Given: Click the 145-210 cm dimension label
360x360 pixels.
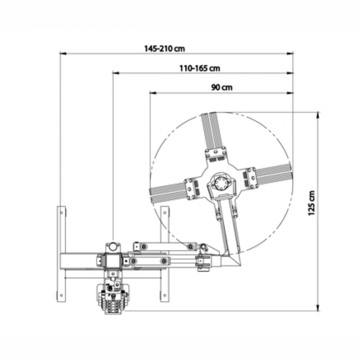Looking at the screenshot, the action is (x=165, y=49).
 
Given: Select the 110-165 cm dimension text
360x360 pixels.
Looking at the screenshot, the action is (x=200, y=68).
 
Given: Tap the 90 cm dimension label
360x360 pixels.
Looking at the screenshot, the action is (x=222, y=88).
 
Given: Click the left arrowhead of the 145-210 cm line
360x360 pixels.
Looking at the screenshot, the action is (x=63, y=54).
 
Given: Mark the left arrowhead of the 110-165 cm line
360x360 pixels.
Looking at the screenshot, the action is (x=116, y=73).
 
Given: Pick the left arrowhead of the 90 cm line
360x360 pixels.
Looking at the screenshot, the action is (x=153, y=93).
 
